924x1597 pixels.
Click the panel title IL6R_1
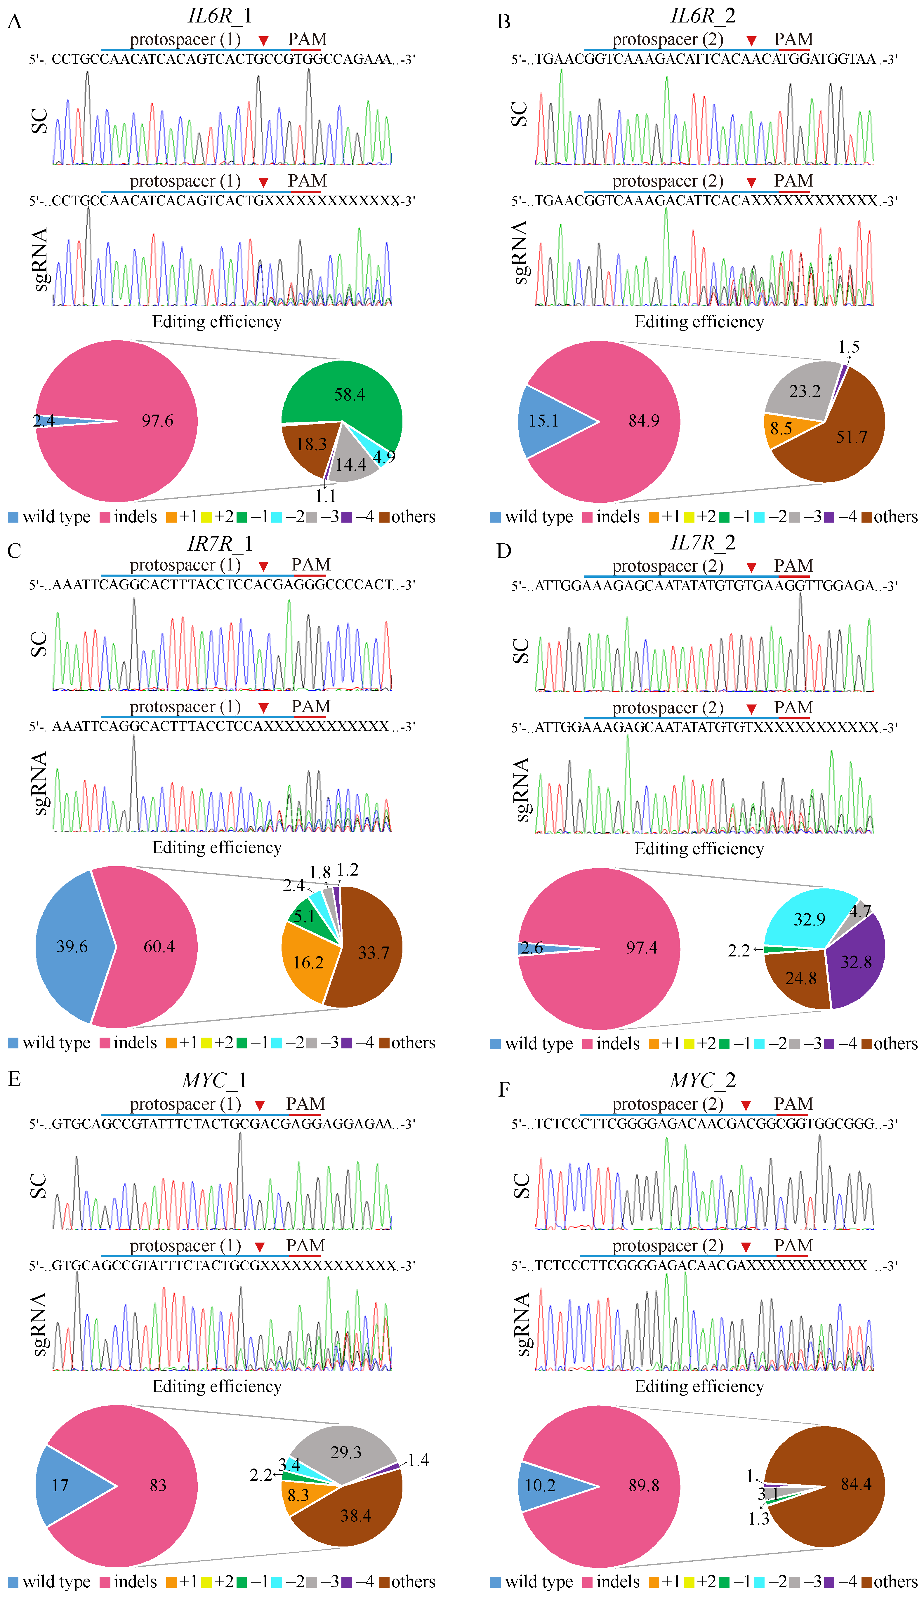pyautogui.click(x=220, y=16)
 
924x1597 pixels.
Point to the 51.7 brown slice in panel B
pyautogui.click(x=843, y=437)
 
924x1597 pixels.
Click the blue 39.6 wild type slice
pyautogui.click(x=71, y=946)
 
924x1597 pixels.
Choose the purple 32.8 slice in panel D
pyautogui.click(x=856, y=962)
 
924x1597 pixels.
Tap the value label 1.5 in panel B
pyautogui.click(x=849, y=347)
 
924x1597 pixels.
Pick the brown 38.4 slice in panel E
pyautogui.click(x=355, y=1515)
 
